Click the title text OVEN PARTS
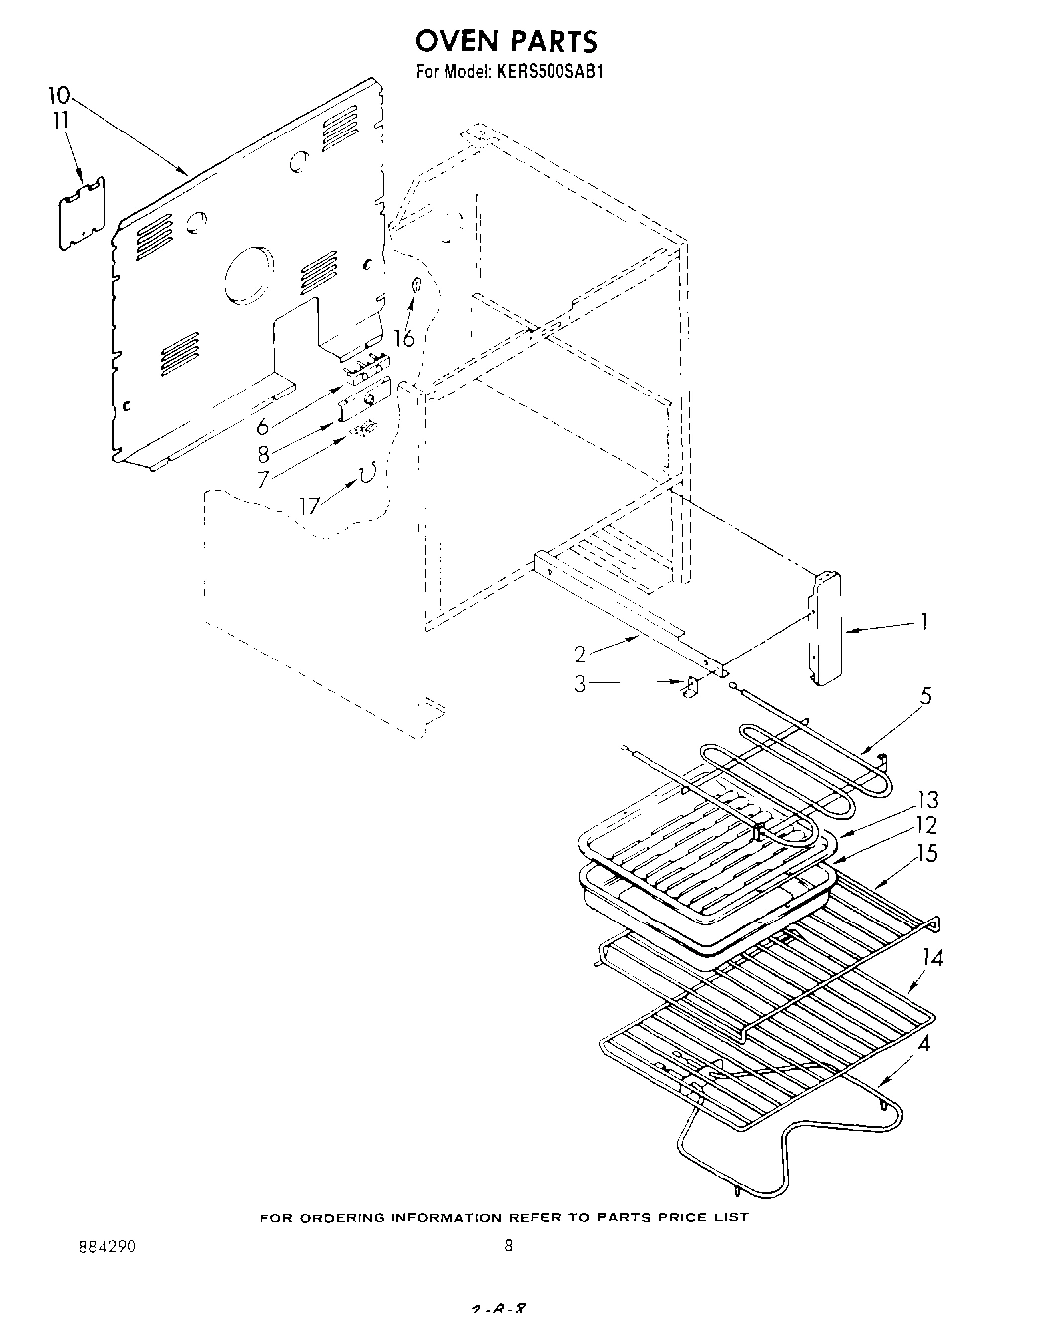pyautogui.click(x=506, y=41)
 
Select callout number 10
pyautogui.click(x=59, y=96)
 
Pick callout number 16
pyautogui.click(x=403, y=339)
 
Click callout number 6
pyautogui.click(x=263, y=427)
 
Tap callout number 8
pyautogui.click(x=263, y=454)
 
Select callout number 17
pyautogui.click(x=310, y=506)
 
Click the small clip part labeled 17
pyautogui.click(x=366, y=474)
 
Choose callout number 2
pyautogui.click(x=580, y=654)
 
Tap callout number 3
pyautogui.click(x=580, y=684)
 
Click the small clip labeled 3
pyautogui.click(x=688, y=687)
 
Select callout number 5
pyautogui.click(x=925, y=696)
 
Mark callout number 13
pyautogui.click(x=926, y=799)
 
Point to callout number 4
pyautogui.click(x=925, y=1046)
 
